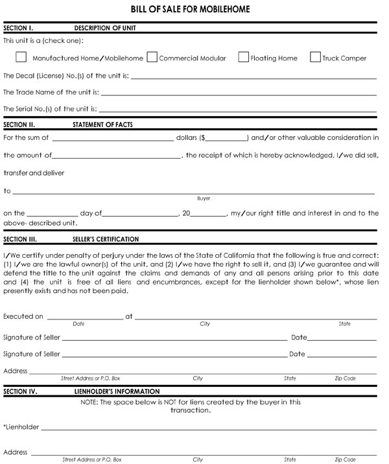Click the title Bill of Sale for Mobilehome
pyautogui.click(x=191, y=9)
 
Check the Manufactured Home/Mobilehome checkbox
pyautogui.click(x=21, y=57)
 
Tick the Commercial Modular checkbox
pyautogui.click(x=152, y=57)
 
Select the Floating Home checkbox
pyautogui.click(x=244, y=57)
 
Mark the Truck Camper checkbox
pyautogui.click(x=316, y=57)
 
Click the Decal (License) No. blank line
pyautogui.click(x=253, y=76)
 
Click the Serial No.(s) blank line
pyautogui.click(x=237, y=109)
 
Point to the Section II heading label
pyautogui.click(x=19, y=124)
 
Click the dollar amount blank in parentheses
pyautogui.click(x=227, y=138)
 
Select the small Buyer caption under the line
pyautogui.click(x=204, y=198)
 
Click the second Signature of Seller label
pyautogui.click(x=32, y=354)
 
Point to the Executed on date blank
pyautogui.click(x=84, y=317)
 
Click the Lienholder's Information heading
pyautogui.click(x=117, y=391)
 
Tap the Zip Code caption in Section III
pyautogui.click(x=345, y=378)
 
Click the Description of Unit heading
pyautogui.click(x=105, y=29)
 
